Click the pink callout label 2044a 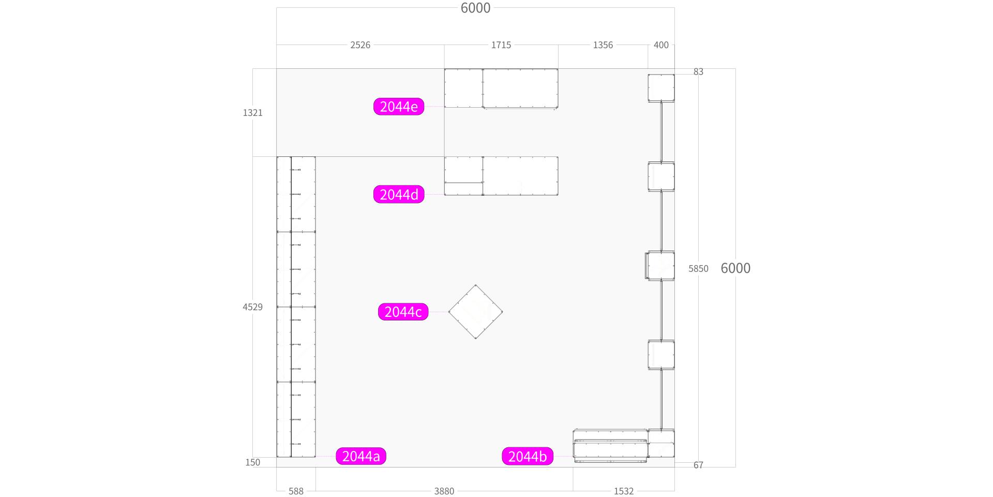[361, 456]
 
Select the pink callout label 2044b [528, 456]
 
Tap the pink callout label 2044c [403, 312]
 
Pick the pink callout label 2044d [399, 194]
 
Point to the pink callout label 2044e [399, 106]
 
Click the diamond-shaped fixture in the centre [475, 312]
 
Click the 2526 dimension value [360, 45]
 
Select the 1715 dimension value [501, 45]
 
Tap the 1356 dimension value [603, 45]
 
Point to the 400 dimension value [661, 45]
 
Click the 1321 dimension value [253, 112]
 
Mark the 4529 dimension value [253, 306]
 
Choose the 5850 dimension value [698, 268]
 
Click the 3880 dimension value [444, 491]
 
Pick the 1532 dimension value [624, 491]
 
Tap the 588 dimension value [296, 491]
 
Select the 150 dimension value [253, 462]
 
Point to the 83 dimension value [698, 71]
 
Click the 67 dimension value [698, 465]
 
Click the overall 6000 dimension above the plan [475, 8]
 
